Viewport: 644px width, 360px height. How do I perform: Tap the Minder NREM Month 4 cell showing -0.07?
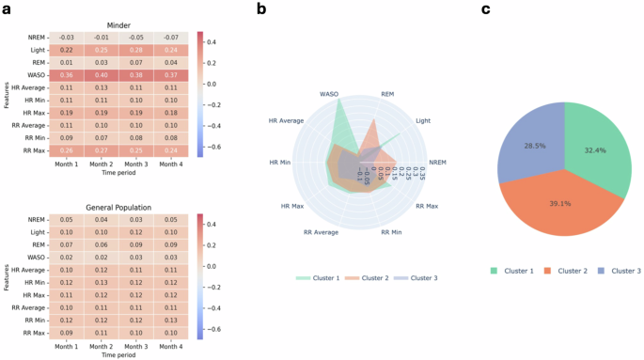(x=170, y=37)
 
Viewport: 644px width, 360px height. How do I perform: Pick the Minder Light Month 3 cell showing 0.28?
(x=136, y=49)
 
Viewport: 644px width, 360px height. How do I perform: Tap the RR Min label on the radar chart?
(x=393, y=230)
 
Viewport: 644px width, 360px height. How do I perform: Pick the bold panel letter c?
(x=486, y=8)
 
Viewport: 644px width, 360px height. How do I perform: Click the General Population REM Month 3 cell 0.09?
(x=136, y=243)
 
